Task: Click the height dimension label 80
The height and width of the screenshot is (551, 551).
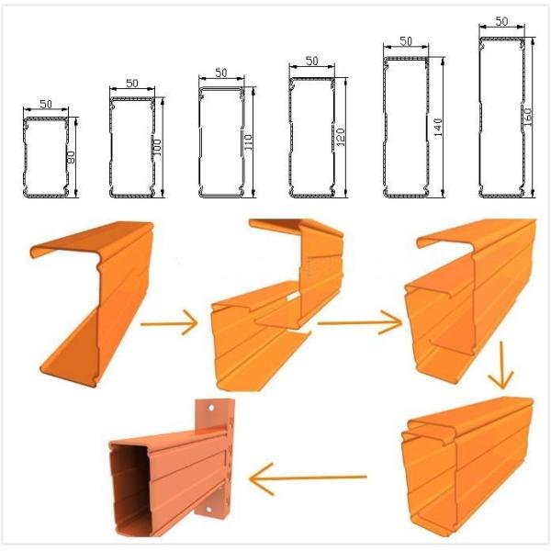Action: click(x=71, y=157)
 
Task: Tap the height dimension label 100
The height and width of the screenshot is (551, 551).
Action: click(x=157, y=148)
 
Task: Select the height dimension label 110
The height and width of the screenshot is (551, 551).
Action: click(x=248, y=142)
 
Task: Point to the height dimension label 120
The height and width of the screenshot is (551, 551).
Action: click(x=341, y=138)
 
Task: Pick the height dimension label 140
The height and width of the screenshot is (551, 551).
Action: click(x=438, y=128)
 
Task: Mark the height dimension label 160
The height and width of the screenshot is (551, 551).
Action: click(x=528, y=117)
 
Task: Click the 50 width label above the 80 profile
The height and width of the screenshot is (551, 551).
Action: click(x=46, y=104)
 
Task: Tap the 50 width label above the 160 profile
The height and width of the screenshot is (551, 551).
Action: click(x=501, y=21)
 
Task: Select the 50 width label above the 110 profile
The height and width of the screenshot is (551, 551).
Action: click(x=221, y=73)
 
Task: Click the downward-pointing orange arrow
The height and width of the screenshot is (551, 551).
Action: click(x=501, y=365)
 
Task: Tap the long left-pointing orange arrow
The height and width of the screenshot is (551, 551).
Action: click(x=308, y=478)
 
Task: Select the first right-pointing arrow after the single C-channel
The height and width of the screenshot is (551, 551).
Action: click(x=169, y=323)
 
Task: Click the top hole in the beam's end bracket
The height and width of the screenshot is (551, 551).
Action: click(x=211, y=408)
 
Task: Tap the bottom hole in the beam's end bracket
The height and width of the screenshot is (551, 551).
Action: click(x=208, y=510)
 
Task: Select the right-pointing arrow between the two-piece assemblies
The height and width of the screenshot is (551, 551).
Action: click(x=360, y=322)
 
